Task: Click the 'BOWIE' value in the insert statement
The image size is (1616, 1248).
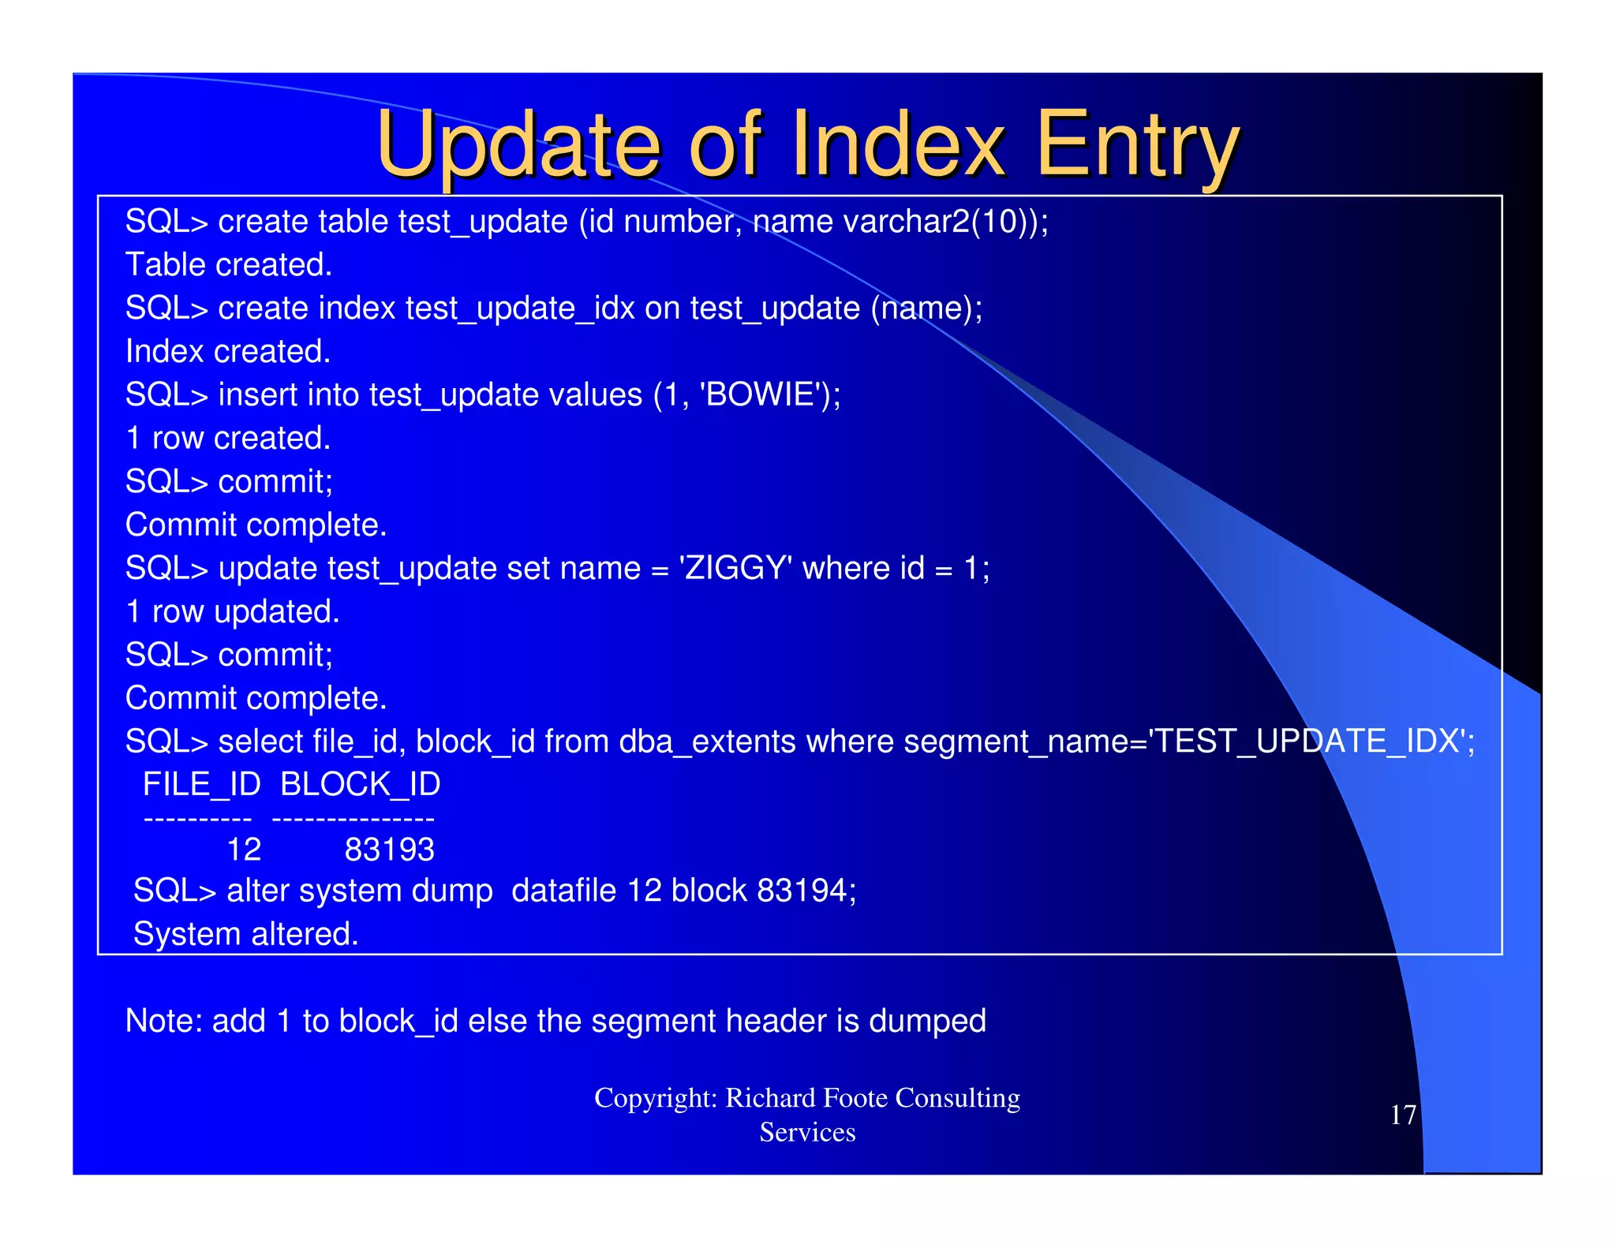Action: point(761,394)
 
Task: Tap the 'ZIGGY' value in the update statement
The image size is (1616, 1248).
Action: point(735,568)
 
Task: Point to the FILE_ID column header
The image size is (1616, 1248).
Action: point(201,784)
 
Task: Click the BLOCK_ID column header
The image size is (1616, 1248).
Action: point(360,784)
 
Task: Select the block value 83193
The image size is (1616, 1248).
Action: point(389,850)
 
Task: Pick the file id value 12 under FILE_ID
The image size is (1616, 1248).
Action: point(244,850)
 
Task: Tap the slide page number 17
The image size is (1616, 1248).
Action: point(1402,1115)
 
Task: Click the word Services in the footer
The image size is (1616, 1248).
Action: point(807,1133)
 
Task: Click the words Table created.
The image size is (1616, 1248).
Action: point(229,265)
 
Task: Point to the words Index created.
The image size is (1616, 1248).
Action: point(228,352)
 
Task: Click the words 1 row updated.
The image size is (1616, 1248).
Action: point(233,612)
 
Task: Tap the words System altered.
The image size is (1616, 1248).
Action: point(245,934)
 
